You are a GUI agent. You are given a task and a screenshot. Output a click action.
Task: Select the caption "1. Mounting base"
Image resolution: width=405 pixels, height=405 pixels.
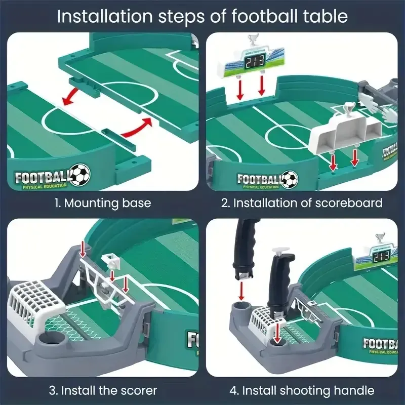[x=103, y=204]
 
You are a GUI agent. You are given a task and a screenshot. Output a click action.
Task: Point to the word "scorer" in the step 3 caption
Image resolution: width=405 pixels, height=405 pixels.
[x=138, y=390]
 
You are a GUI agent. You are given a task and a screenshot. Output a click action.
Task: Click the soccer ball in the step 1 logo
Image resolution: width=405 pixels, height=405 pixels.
[x=80, y=175]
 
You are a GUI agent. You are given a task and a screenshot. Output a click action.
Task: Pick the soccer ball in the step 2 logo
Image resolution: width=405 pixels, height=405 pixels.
[x=290, y=178]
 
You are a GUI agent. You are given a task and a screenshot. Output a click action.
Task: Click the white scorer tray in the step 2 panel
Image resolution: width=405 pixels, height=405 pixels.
[x=344, y=132]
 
